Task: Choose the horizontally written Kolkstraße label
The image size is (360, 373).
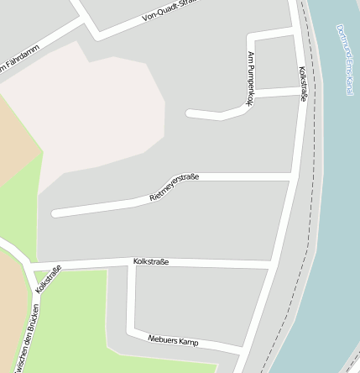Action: (151, 262)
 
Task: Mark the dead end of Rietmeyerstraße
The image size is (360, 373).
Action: (55, 213)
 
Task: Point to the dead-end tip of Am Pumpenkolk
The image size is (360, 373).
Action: (190, 113)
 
